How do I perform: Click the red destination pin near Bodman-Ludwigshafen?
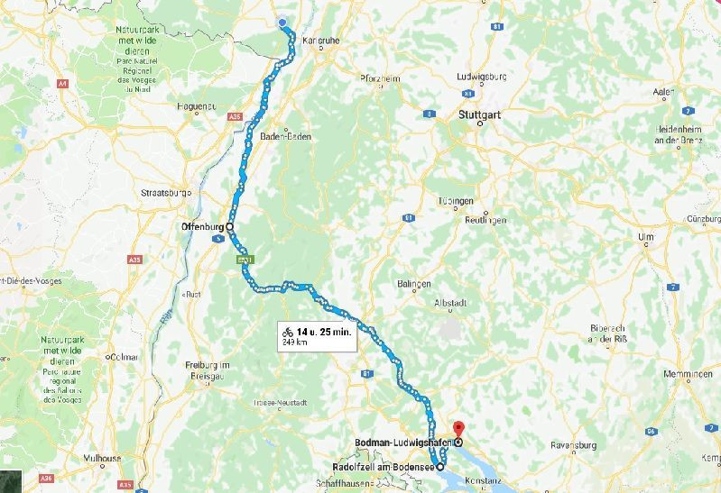click(x=457, y=429)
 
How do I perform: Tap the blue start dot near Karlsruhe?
click(x=282, y=23)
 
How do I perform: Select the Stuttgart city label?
click(x=478, y=115)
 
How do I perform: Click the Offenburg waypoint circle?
click(x=229, y=226)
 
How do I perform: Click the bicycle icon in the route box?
click(x=288, y=332)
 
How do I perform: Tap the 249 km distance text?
click(x=293, y=342)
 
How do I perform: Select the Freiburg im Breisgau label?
click(x=208, y=369)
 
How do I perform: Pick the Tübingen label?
click(x=456, y=200)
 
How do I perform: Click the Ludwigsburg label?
click(x=482, y=77)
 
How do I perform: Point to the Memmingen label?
click(x=688, y=374)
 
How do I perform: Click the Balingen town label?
click(x=413, y=284)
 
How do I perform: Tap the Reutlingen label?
click(x=485, y=220)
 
